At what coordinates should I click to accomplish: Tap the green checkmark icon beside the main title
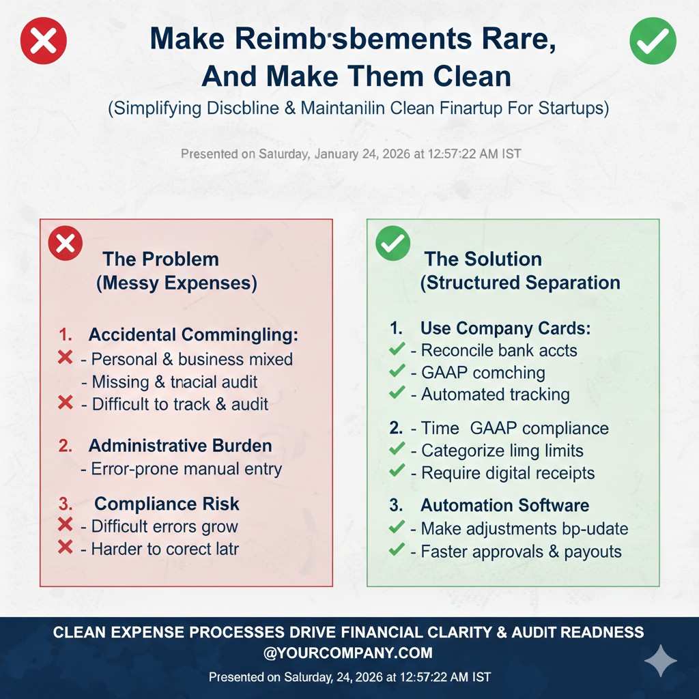click(x=653, y=41)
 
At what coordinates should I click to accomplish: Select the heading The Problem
click(x=161, y=259)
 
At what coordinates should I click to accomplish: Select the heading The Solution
click(x=483, y=259)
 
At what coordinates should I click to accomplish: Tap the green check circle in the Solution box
click(x=393, y=244)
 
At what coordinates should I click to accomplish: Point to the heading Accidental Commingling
click(x=193, y=335)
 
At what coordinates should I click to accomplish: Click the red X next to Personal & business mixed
click(x=66, y=358)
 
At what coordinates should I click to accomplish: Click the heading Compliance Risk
click(x=167, y=504)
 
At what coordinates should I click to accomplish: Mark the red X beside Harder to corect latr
click(x=66, y=547)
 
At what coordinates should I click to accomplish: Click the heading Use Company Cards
click(x=505, y=328)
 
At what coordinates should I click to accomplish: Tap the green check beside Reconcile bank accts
click(x=397, y=350)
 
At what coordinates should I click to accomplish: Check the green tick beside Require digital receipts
click(x=397, y=472)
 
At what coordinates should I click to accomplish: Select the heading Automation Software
click(x=504, y=505)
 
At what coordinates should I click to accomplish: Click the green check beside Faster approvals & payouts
click(x=397, y=550)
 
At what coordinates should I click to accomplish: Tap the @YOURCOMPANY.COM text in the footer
click(x=348, y=653)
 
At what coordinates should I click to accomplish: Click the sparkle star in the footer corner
click(x=661, y=661)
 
